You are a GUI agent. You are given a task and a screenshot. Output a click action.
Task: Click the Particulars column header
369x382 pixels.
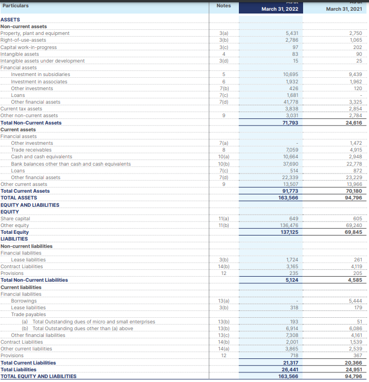pos(15,6)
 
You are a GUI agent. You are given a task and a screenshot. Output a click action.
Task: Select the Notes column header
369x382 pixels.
pos(224,6)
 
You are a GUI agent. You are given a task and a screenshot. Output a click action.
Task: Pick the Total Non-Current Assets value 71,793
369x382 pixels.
pos(290,123)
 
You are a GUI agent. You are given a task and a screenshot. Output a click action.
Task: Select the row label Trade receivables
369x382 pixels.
pos(31,150)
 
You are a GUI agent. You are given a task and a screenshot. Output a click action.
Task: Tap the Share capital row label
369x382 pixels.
pos(16,219)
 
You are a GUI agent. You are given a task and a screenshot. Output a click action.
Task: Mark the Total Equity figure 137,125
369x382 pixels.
pos(289,232)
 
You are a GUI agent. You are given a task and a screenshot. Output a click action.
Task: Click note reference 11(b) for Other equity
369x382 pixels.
pos(224,225)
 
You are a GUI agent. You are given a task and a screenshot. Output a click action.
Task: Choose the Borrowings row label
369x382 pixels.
pos(24,301)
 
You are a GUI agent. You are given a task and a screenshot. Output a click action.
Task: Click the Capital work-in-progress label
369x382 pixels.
pos(29,47)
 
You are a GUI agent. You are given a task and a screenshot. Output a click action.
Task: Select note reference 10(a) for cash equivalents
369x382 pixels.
pos(224,157)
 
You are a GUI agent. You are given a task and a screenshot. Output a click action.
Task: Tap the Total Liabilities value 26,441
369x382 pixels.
pos(290,370)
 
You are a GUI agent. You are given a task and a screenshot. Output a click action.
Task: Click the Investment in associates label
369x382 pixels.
pos(39,82)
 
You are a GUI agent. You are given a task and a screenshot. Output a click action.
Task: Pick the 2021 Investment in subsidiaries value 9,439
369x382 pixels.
pos(355,74)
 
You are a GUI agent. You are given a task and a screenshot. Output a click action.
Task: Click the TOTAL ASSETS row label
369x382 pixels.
pos(19,198)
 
